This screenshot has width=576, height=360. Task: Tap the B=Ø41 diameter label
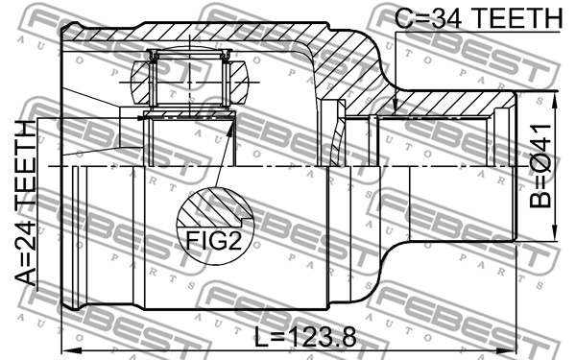[540, 166]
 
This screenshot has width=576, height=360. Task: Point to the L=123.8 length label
[305, 337]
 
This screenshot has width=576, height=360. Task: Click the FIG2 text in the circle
[214, 241]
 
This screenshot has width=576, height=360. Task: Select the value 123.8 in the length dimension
[321, 337]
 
